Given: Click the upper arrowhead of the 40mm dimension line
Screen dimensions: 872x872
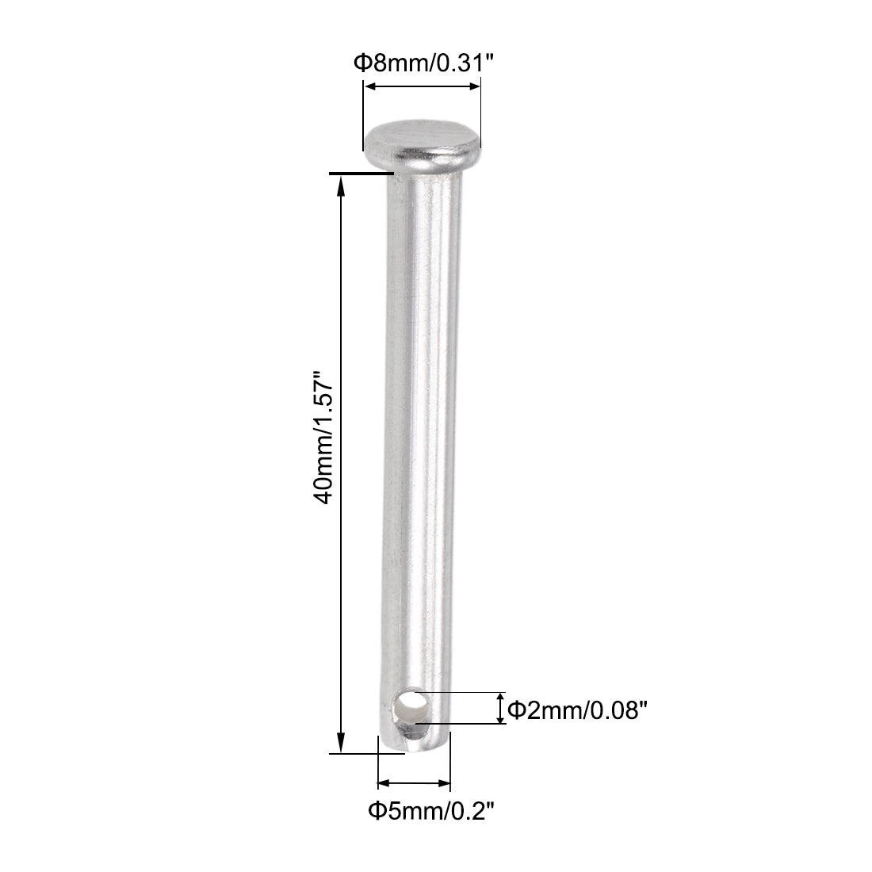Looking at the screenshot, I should click(342, 183).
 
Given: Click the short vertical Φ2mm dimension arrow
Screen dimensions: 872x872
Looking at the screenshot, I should click(500, 707).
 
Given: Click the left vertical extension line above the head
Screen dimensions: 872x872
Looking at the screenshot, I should click(363, 103).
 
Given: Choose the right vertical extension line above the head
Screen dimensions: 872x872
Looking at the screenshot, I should click(481, 103).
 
